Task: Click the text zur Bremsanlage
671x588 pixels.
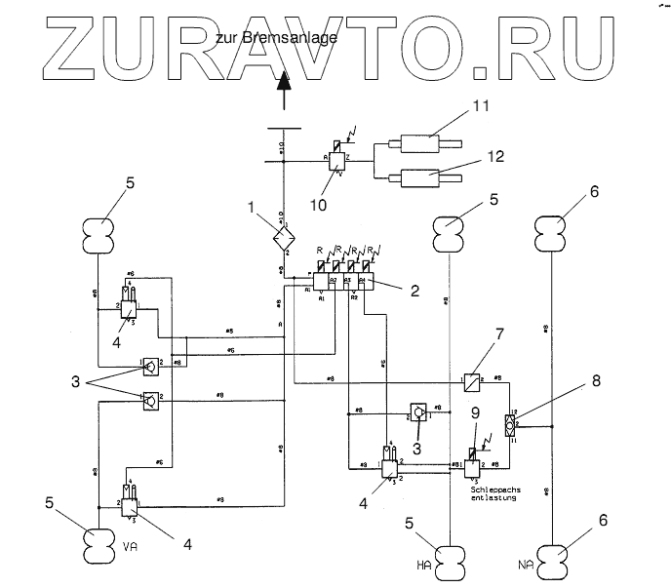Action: click(277, 39)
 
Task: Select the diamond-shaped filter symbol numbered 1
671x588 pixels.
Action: click(284, 235)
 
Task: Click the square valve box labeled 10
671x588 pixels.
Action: click(337, 162)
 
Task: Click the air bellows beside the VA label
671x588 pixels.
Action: click(100, 538)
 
